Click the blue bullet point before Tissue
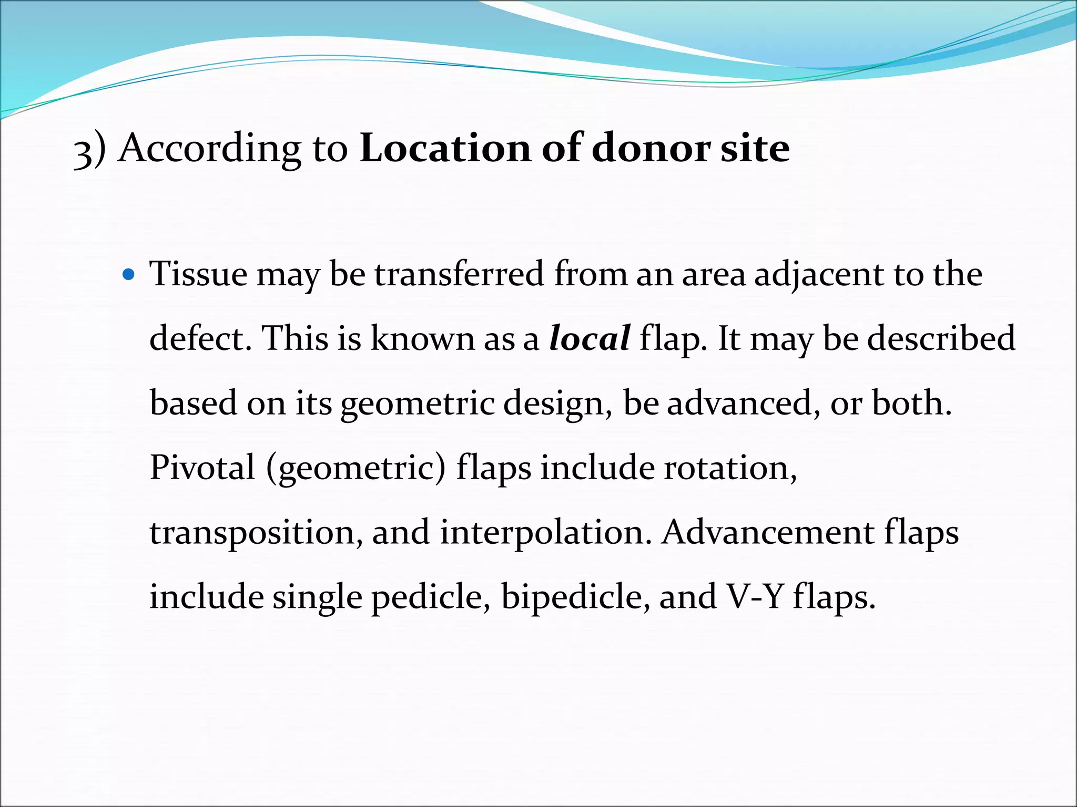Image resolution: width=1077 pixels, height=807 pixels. click(128, 274)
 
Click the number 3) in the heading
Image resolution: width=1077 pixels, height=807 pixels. click(89, 150)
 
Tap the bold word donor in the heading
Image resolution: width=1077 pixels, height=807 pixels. click(651, 148)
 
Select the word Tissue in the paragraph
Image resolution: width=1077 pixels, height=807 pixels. click(198, 274)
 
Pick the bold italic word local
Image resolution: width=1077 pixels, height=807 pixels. click(590, 338)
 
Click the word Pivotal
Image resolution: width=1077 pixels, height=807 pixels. click(202, 467)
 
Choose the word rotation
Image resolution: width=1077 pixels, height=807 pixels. click(730, 467)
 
